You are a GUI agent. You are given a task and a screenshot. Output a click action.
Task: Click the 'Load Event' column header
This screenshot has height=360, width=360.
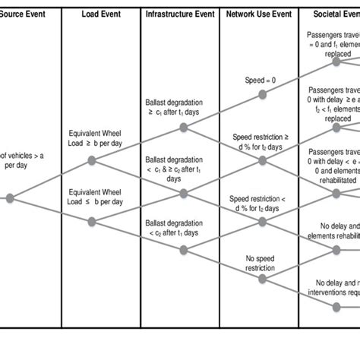coord(100,14)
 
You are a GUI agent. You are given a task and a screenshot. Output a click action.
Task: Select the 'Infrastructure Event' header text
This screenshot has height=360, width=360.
coord(179,14)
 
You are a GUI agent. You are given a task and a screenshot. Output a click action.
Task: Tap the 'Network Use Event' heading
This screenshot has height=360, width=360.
coord(259,14)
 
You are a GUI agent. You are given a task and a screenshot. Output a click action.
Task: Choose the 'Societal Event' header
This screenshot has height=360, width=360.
coord(334,14)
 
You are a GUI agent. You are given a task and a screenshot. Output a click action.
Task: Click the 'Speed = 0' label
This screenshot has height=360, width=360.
coord(261,79)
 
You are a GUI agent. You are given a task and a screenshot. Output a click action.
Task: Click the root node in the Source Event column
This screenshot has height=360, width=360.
coord(10,198)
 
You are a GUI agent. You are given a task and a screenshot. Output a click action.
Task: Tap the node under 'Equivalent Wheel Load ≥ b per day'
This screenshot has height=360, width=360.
coord(92,160)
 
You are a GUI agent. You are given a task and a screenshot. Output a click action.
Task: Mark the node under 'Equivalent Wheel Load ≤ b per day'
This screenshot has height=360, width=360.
coord(92,221)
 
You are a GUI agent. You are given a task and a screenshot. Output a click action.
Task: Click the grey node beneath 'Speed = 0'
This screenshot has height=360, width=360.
coord(262,95)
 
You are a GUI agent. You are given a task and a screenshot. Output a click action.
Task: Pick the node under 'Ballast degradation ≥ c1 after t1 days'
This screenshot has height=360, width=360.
coord(184,128)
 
